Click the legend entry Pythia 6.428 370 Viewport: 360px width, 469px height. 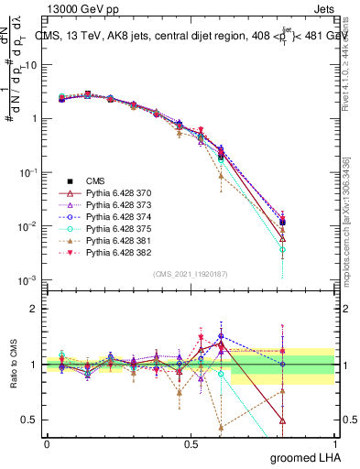tap(116, 194)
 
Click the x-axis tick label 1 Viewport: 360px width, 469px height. tap(334, 444)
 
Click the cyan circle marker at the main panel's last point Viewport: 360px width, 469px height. tap(283, 249)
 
